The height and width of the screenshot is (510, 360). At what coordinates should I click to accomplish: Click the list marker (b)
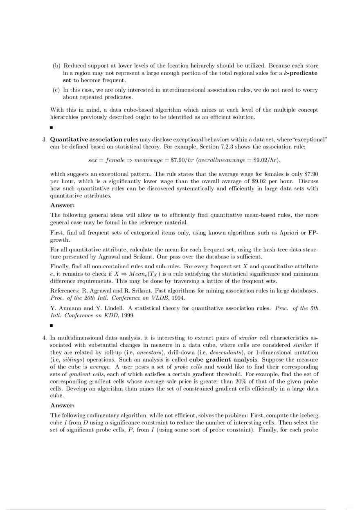[x=56, y=66]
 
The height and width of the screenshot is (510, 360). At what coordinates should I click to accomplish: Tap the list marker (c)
[x=56, y=90]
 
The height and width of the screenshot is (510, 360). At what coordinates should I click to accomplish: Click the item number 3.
[x=44, y=139]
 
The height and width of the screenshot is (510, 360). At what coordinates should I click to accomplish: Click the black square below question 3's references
[x=52, y=326]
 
